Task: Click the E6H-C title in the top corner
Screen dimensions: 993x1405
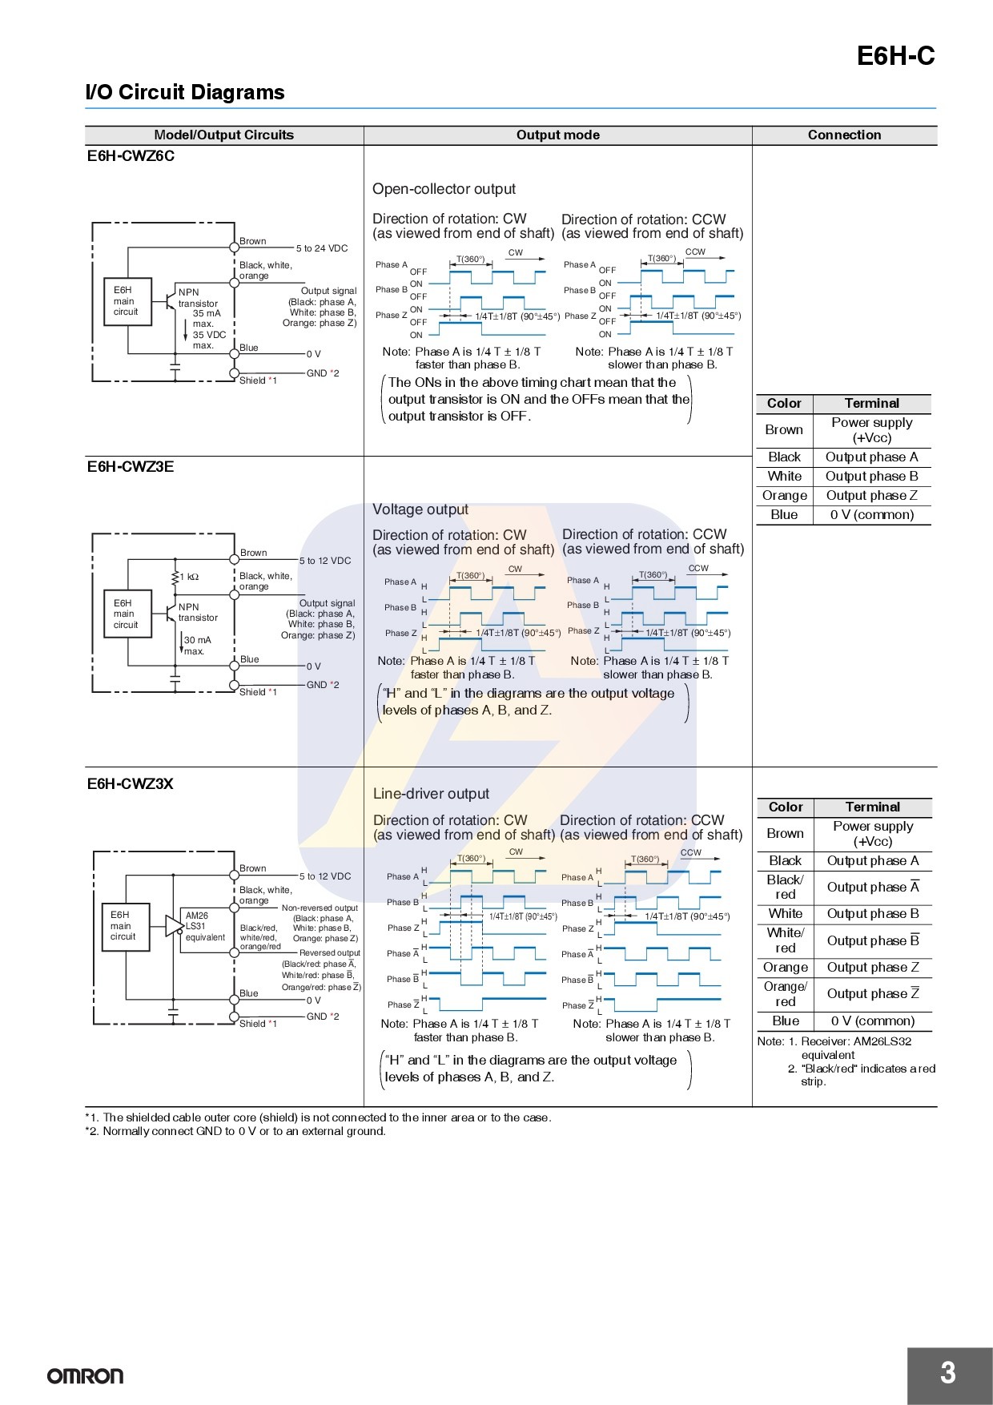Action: (895, 55)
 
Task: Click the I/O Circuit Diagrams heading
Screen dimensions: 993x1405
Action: (185, 92)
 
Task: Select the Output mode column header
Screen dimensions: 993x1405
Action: (557, 135)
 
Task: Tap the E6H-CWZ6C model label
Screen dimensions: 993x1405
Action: (131, 156)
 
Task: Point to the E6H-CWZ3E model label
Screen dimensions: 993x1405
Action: (131, 466)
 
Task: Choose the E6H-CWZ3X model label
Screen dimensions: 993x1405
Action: (131, 783)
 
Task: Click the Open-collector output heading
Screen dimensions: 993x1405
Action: (444, 189)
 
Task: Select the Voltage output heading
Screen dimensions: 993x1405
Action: (420, 509)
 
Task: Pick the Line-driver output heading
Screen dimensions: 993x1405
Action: (431, 794)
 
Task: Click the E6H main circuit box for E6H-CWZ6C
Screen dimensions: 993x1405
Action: (127, 301)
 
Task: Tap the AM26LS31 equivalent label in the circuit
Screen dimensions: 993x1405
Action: (205, 926)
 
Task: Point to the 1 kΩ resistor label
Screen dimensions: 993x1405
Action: (189, 577)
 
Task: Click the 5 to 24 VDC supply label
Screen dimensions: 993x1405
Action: (322, 248)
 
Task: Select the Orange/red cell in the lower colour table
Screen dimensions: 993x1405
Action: (785, 994)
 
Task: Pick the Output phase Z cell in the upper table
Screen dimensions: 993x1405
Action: (872, 495)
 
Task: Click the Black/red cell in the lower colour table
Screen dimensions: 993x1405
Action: (785, 887)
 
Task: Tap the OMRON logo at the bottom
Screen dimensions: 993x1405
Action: (86, 1376)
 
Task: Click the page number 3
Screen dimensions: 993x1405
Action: (948, 1373)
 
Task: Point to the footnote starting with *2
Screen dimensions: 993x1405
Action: (235, 1131)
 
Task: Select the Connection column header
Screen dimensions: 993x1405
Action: (844, 135)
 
